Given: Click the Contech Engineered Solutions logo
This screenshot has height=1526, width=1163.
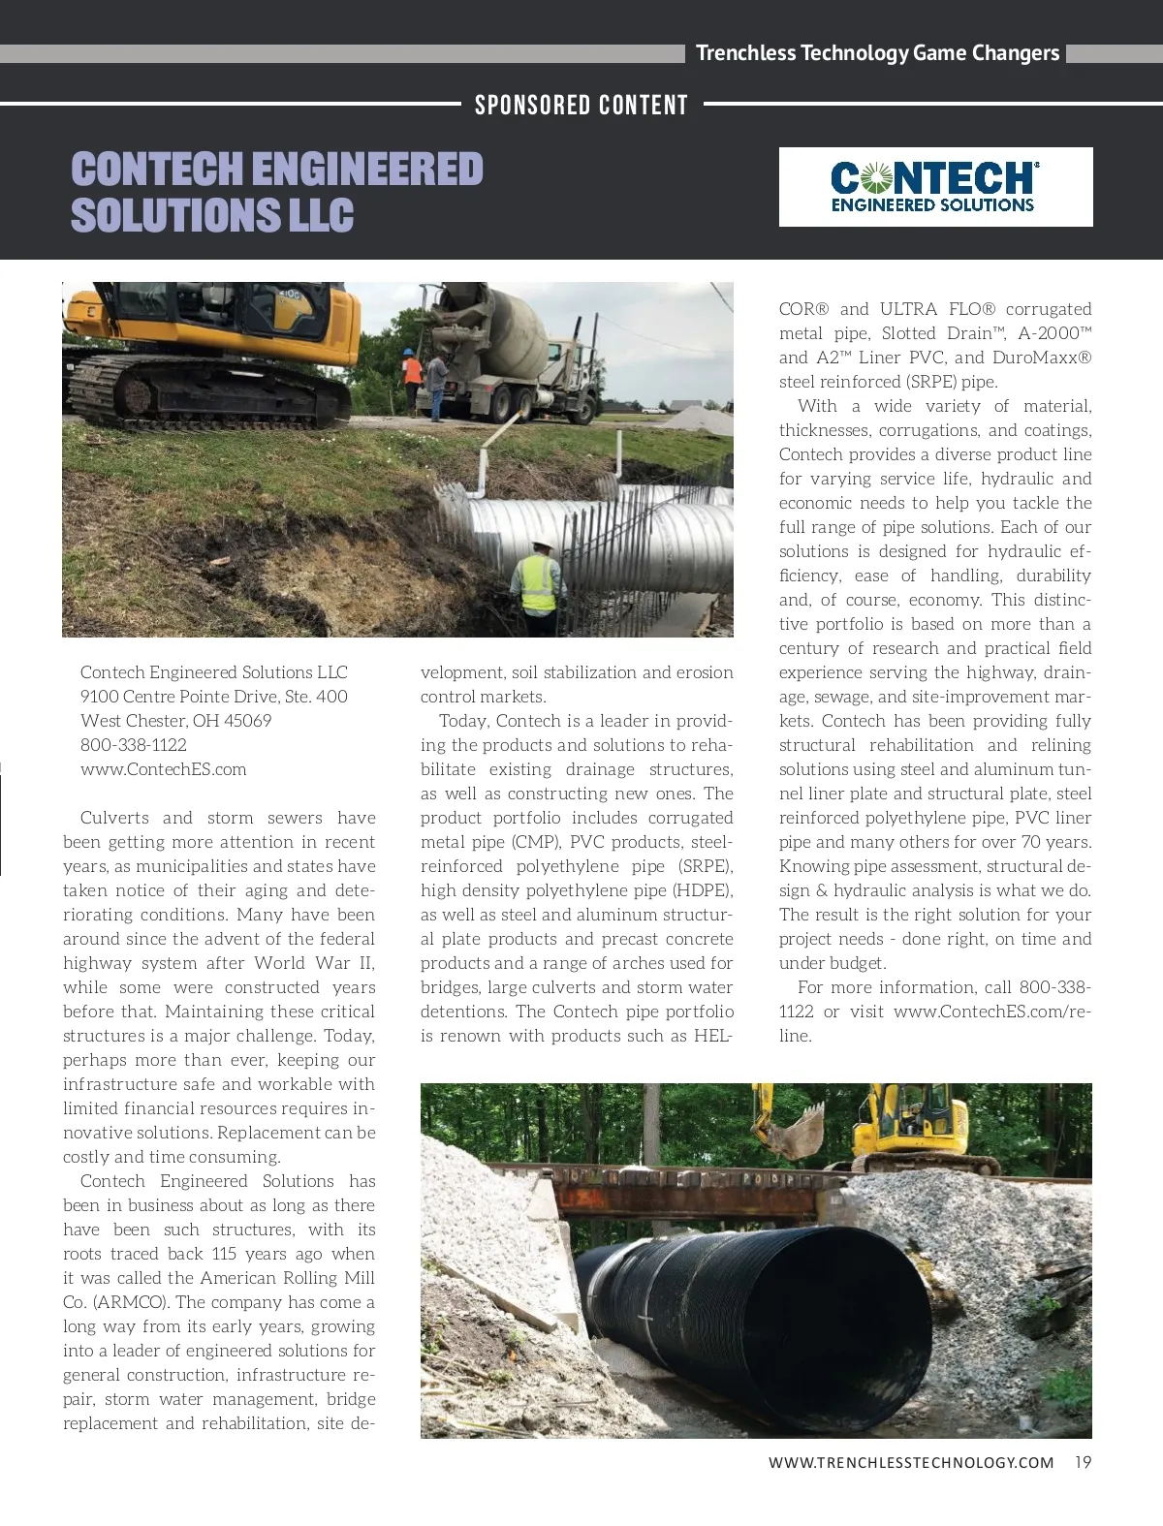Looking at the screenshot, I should coord(935,187).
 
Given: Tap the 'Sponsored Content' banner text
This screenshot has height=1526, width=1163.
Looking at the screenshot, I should coord(581,105).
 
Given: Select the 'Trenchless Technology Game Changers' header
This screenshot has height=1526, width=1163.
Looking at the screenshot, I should coord(877,53).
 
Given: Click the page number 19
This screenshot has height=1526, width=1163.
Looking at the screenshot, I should coord(1083,1462).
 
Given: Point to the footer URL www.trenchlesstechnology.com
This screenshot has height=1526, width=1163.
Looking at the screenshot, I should coord(911,1462).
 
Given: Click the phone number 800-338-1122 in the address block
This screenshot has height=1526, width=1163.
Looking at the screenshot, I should coord(134,745).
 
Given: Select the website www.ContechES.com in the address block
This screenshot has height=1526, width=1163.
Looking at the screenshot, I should coord(163,769).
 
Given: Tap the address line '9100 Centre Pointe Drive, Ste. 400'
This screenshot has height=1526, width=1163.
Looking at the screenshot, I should coord(213,697).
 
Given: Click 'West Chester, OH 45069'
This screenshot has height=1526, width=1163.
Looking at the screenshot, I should coord(175,721).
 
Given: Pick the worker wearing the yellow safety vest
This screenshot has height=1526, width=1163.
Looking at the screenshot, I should coord(539,580).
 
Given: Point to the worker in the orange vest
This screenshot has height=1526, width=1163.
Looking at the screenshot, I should coord(413,373).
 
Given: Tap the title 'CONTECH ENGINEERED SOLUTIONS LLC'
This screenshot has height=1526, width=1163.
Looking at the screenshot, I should coord(276,192).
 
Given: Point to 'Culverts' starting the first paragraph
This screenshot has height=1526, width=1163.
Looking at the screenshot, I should coord(114,818).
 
